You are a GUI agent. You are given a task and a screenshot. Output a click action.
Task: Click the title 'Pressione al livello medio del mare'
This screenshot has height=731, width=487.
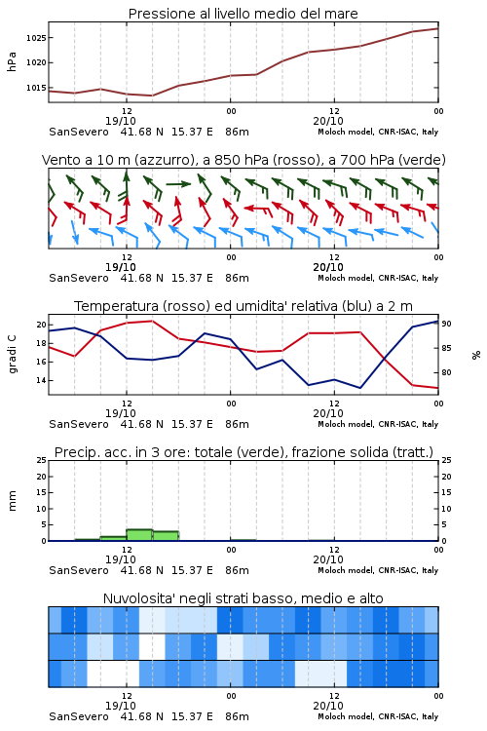coord(243,14)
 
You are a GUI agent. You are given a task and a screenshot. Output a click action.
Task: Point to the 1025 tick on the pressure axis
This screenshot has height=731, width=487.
coord(36,38)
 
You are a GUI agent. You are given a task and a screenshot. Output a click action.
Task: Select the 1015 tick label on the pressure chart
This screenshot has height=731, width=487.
coord(36,88)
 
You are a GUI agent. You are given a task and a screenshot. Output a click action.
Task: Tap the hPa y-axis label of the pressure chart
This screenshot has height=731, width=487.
coord(12,62)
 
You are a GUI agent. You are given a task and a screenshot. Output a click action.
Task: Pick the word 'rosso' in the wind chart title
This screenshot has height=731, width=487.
coord(290,160)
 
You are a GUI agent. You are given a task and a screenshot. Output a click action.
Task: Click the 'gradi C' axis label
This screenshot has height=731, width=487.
coord(12,354)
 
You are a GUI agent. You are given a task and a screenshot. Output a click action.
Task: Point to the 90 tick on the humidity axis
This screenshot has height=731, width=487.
coord(446,324)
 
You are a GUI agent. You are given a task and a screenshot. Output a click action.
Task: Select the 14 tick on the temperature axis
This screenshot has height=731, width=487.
coord(41,380)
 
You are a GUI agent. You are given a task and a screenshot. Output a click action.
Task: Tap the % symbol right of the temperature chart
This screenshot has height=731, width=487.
coord(476,355)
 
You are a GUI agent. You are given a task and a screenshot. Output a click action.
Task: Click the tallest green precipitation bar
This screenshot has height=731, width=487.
coord(139,535)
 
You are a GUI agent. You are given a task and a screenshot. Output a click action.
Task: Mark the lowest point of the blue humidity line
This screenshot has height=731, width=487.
coord(359,388)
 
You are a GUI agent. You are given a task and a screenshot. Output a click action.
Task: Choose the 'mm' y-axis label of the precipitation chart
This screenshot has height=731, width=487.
coord(12,501)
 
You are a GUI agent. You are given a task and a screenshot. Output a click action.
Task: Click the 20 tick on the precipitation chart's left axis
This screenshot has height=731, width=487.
coord(41,477)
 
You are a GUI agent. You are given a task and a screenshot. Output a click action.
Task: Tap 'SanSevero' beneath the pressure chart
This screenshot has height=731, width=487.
coord(78,132)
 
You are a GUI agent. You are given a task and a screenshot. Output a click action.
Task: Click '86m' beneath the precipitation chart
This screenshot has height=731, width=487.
coord(237,570)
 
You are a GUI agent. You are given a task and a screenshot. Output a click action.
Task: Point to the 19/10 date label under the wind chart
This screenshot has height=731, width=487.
coord(121,267)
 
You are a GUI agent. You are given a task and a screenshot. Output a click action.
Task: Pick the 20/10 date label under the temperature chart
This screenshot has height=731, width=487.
coord(328,413)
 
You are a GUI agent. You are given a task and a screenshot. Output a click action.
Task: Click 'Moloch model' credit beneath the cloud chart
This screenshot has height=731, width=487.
coord(346,716)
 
